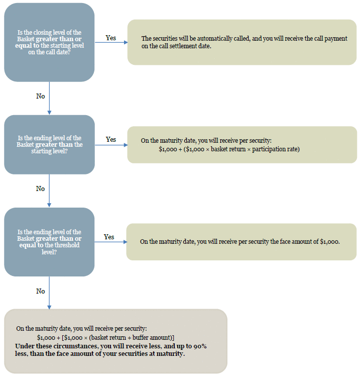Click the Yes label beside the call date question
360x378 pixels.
[111, 38]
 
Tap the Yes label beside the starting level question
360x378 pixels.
[111, 139]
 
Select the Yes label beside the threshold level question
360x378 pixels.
[109, 237]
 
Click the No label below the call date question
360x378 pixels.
[41, 96]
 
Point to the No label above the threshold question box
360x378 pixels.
[41, 188]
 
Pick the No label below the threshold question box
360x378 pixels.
[41, 291]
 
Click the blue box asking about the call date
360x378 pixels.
[49, 42]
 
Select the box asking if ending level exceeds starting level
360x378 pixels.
[49, 145]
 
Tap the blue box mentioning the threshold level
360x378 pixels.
[49, 242]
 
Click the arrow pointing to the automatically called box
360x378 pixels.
[111, 42]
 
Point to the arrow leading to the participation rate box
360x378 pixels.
[111, 145]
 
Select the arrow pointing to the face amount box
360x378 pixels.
[111, 242]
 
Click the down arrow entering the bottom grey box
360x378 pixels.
[49, 293]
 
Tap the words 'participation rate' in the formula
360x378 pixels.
[276, 149]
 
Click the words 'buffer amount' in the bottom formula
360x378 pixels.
[152, 337]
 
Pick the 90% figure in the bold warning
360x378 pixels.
[200, 346]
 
